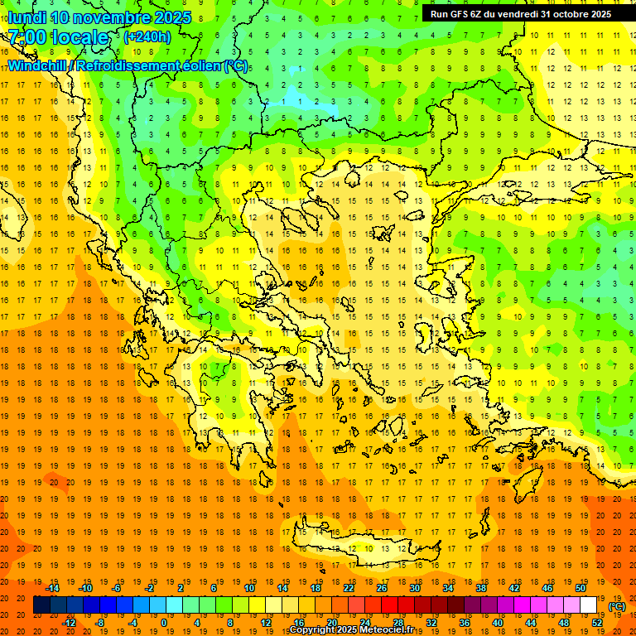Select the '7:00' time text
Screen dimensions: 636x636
pos(26,37)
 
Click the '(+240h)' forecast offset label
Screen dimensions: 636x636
pos(147,37)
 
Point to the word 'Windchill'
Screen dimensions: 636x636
pos(38,66)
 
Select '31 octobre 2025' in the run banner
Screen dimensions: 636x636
pos(576,14)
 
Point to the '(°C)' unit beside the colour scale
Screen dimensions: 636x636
pos(617,606)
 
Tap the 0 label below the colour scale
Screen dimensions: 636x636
pos(163,623)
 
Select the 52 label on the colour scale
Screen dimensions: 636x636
pos(597,623)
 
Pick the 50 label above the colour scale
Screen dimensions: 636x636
pos(580,588)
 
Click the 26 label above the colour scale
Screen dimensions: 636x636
pos(381,588)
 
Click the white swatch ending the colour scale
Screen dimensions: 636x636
pos(589,605)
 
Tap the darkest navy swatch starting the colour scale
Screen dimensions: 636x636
pos(41,605)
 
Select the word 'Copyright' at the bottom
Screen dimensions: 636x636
pos(311,630)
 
